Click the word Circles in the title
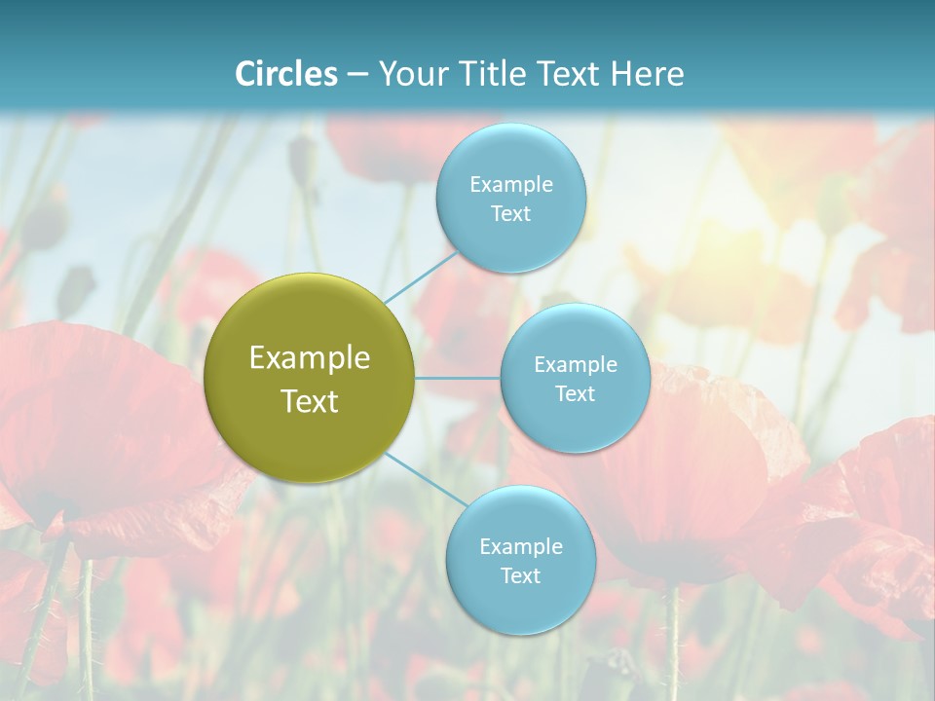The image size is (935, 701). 286,74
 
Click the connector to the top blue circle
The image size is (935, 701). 422,275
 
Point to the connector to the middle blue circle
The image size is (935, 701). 458,378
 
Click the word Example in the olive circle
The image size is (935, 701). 310,358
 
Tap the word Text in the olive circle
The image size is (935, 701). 310,401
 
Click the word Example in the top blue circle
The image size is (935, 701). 511,184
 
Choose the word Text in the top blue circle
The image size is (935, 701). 511,213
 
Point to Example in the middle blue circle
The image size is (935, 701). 576,364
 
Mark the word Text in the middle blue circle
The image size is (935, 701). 576,393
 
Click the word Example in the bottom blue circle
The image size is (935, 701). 521,546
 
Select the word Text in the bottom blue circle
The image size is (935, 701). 521,575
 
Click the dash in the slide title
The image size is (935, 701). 357,74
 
